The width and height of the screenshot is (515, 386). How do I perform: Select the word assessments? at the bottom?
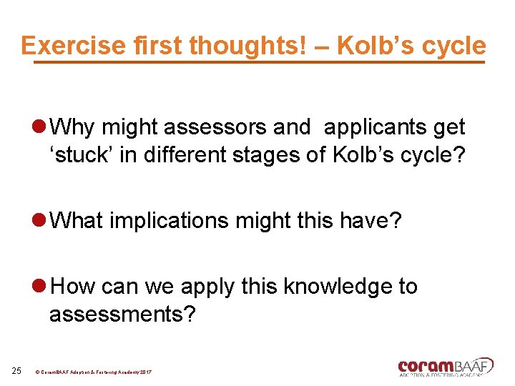122,315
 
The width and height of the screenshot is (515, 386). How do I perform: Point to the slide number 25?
17,370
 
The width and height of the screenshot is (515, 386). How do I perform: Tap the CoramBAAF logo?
445,367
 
